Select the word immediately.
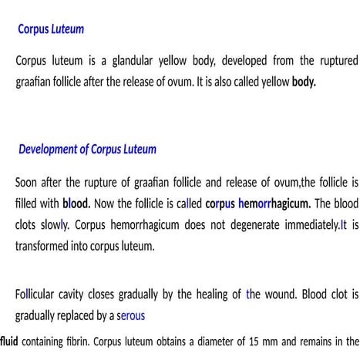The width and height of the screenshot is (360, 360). (x=298, y=226)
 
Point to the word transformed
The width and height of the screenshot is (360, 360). (x=43, y=247)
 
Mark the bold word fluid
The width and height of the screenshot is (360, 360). (x=10, y=341)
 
